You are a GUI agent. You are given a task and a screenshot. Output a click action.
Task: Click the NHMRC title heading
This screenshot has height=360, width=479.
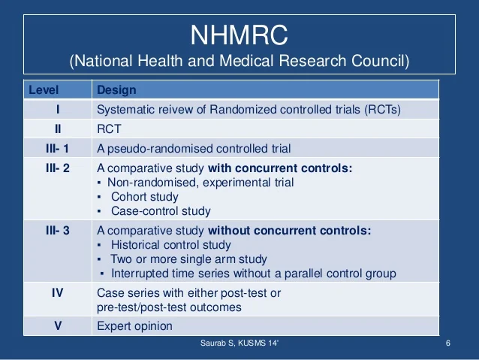pyautogui.click(x=239, y=35)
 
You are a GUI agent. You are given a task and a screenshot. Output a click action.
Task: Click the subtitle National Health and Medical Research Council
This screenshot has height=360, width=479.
pyautogui.click(x=239, y=61)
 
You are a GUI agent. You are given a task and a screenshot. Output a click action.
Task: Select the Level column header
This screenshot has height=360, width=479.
pyautogui.click(x=44, y=90)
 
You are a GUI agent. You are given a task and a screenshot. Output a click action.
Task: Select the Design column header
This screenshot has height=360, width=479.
pyautogui.click(x=117, y=90)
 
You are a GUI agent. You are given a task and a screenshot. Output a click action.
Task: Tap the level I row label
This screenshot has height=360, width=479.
pyautogui.click(x=57, y=109)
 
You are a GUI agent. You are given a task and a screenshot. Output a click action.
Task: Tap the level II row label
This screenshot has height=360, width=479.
pyautogui.click(x=57, y=129)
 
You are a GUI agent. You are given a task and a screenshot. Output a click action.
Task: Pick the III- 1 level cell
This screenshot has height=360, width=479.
pyautogui.click(x=57, y=148)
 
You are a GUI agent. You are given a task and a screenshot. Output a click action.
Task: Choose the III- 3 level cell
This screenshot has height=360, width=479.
pyautogui.click(x=57, y=231)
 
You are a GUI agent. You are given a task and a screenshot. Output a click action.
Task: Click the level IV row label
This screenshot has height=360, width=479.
pyautogui.click(x=57, y=293)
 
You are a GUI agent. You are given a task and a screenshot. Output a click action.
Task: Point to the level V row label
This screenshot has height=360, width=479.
pyautogui.click(x=57, y=326)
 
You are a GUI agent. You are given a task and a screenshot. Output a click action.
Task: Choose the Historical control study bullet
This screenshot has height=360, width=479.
pyautogui.click(x=170, y=245)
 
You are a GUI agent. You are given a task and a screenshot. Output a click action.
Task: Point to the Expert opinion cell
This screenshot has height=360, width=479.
pyautogui.click(x=134, y=326)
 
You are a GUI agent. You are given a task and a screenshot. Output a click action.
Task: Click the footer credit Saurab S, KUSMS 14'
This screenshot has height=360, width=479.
pyautogui.click(x=239, y=345)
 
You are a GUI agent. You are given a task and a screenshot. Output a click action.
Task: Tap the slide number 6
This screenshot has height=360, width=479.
pyautogui.click(x=447, y=345)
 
